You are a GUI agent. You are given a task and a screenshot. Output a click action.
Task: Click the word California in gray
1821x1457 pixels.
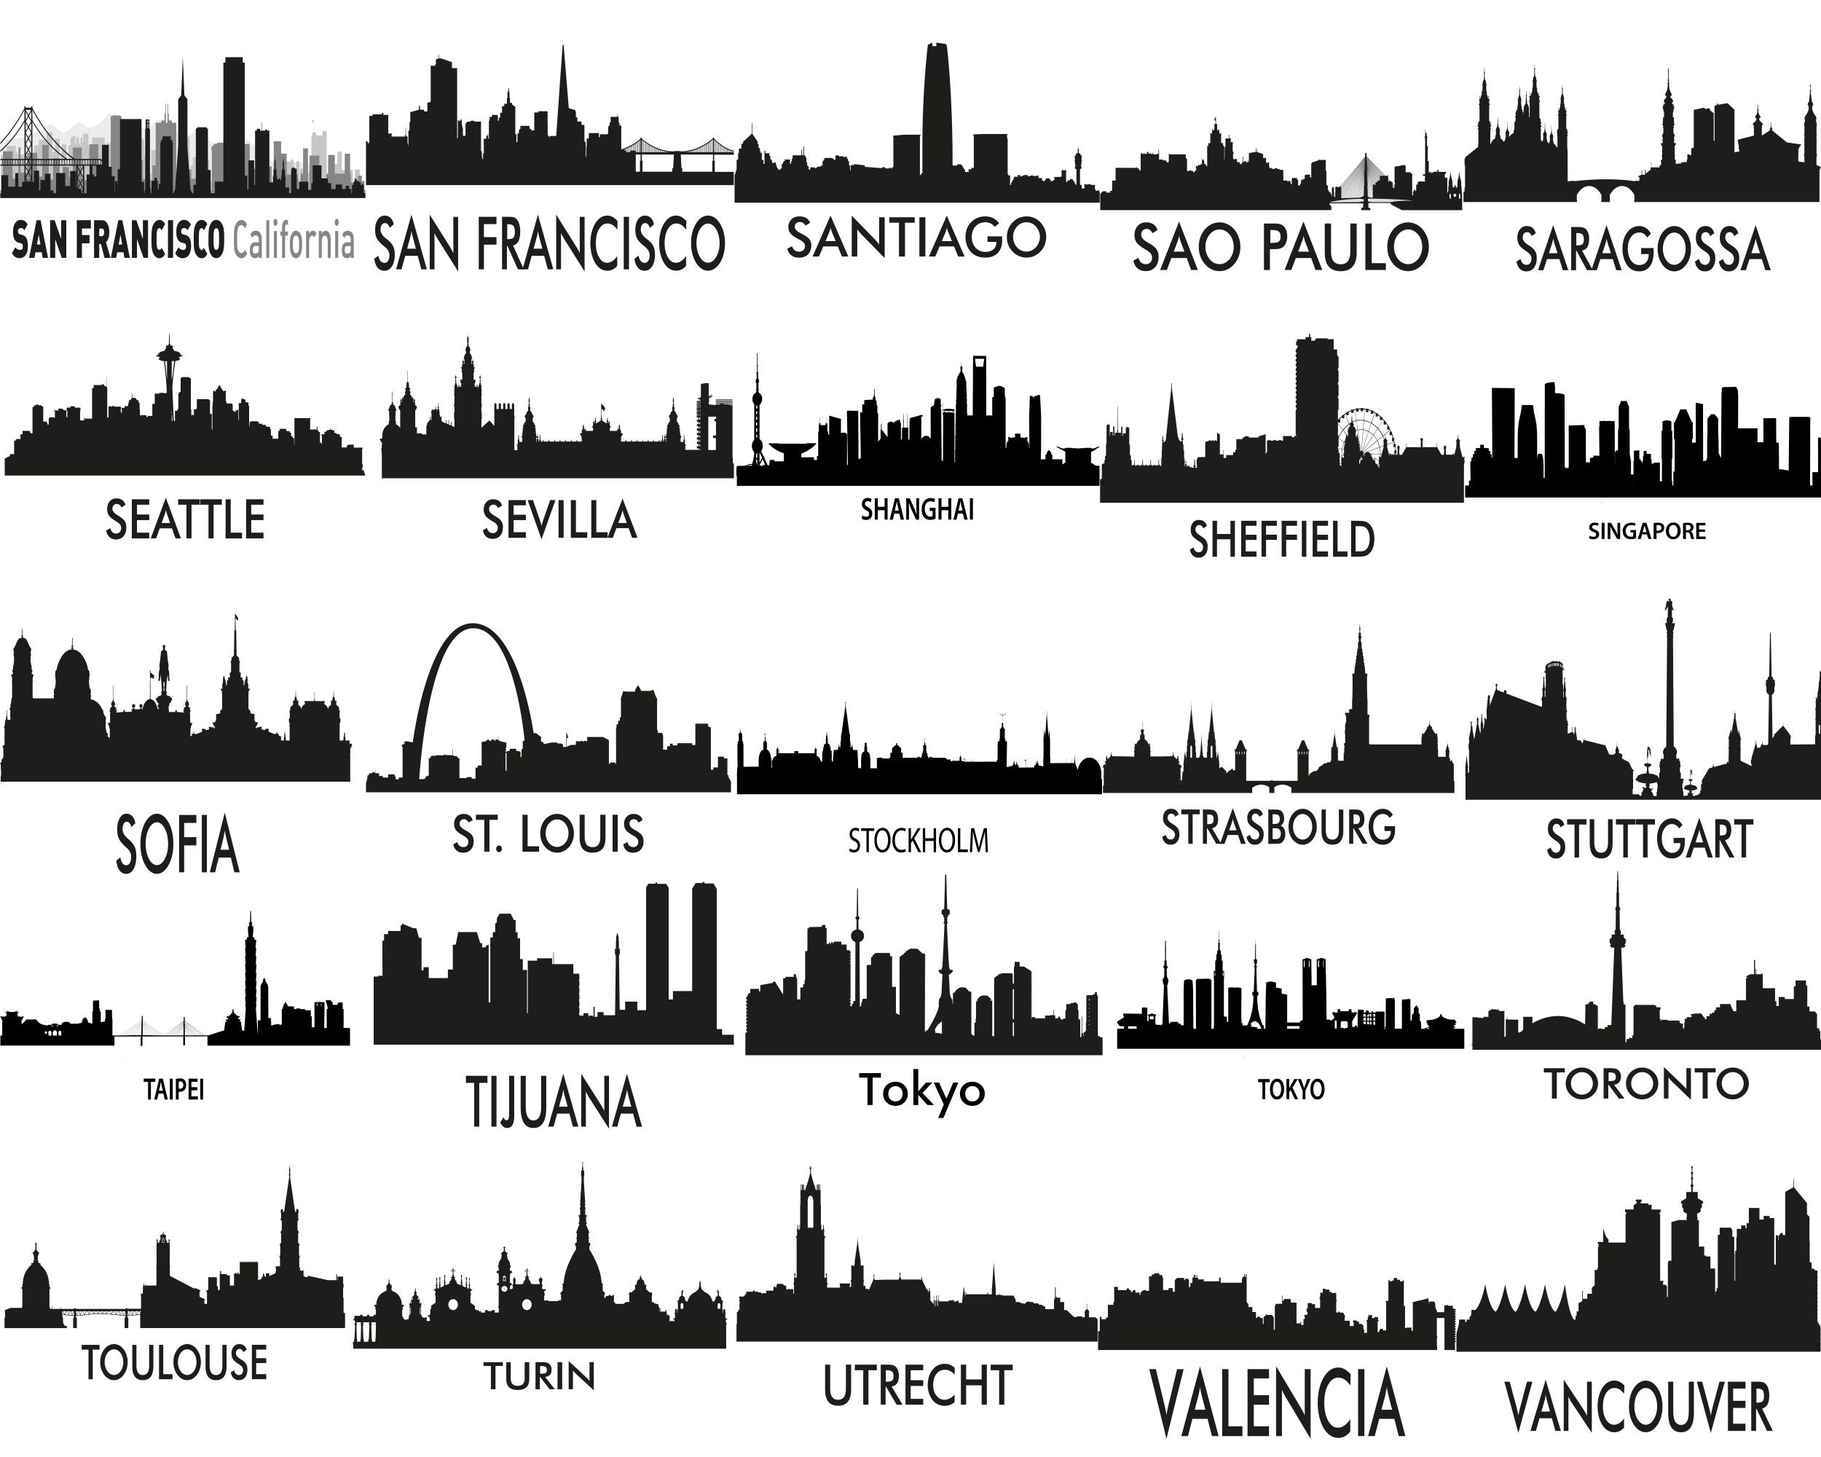click(293, 240)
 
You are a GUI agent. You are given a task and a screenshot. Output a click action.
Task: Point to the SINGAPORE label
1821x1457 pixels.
click(1646, 531)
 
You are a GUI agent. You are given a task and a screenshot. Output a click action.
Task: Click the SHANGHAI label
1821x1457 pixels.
click(917, 510)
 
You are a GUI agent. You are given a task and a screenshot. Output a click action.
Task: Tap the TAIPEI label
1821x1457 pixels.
click(174, 1090)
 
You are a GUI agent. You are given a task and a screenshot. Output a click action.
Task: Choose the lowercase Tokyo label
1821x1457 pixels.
click(922, 1090)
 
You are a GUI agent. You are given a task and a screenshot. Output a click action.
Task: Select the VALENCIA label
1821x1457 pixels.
click(1277, 1403)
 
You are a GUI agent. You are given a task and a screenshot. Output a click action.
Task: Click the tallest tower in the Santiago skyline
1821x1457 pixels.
click(937, 106)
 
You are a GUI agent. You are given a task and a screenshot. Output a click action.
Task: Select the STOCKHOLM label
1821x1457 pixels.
click(918, 841)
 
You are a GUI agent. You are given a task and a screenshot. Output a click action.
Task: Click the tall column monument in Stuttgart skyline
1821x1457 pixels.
click(1669, 693)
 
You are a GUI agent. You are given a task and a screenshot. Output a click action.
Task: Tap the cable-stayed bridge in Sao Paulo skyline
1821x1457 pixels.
click(1365, 179)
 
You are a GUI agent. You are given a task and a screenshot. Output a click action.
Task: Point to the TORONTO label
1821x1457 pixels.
click(1647, 1084)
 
